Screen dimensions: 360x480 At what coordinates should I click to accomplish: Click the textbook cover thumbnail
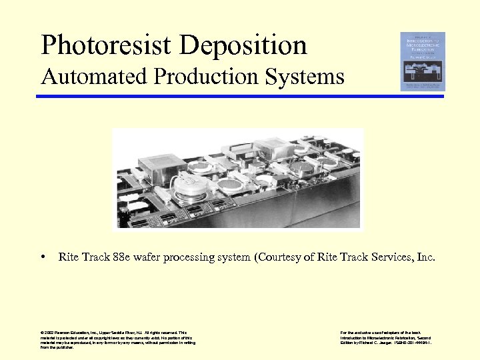(x=422, y=61)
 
